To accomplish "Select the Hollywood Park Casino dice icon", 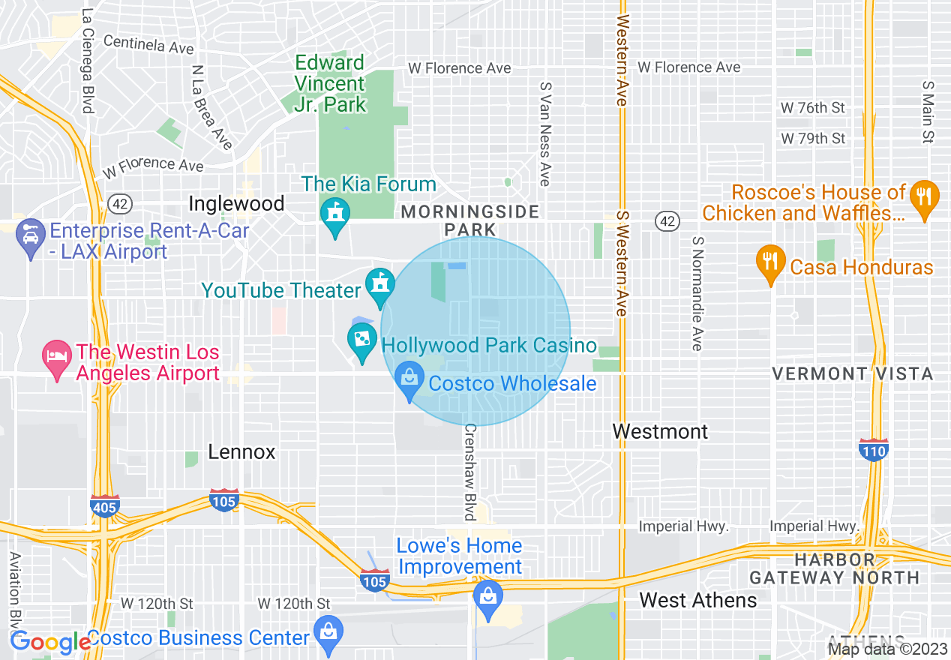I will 362,340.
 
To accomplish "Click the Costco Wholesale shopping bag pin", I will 409,378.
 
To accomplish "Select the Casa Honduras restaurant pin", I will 769,262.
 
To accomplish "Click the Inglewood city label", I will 236,203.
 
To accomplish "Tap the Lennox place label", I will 241,451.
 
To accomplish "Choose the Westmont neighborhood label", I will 660,431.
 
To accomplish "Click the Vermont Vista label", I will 853,373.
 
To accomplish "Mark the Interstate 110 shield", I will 874,450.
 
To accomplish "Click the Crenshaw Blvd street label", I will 470,472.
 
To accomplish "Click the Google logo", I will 50,642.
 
